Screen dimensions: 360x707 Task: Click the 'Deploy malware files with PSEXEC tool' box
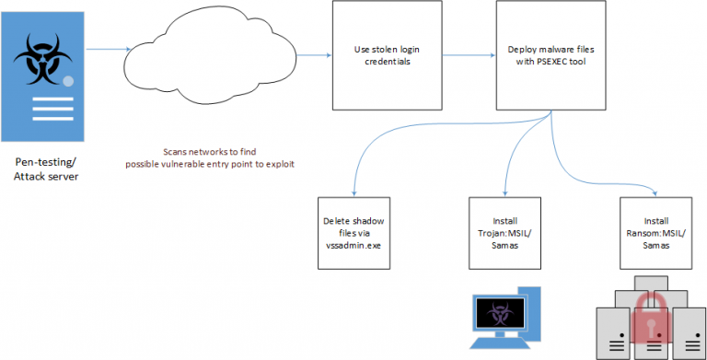(x=550, y=55)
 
